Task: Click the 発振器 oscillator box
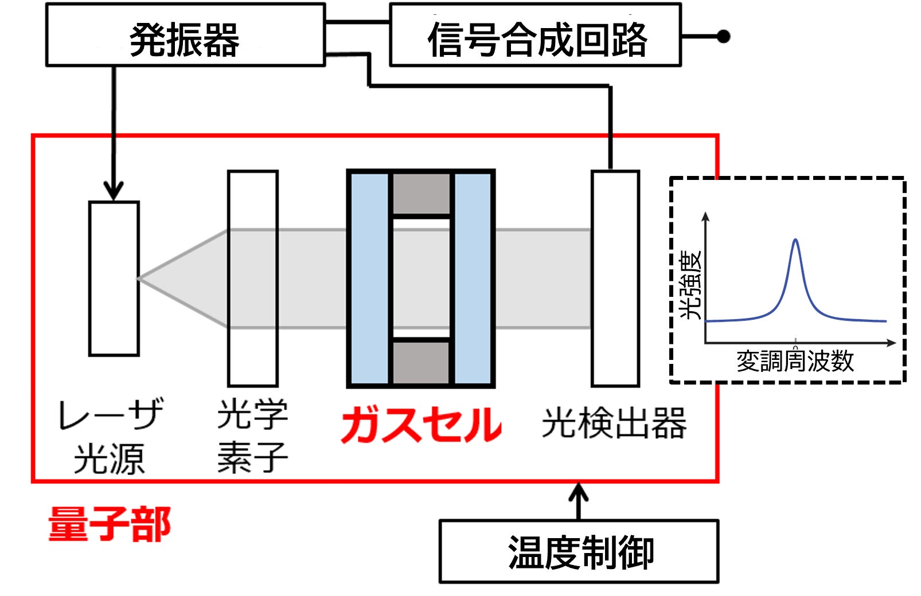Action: click(185, 36)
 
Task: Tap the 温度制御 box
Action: click(579, 551)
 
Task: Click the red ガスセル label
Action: click(422, 425)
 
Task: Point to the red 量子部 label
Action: click(109, 524)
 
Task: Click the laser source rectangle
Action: click(114, 279)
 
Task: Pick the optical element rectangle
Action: click(253, 279)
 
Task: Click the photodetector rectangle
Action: click(615, 279)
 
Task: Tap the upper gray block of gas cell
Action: click(422, 194)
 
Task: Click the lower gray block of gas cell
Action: click(422, 362)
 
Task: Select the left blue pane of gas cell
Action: click(370, 279)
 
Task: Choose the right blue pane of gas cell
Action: click(473, 279)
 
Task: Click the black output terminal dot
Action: click(724, 37)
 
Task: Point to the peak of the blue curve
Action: click(795, 240)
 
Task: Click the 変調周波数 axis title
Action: click(795, 361)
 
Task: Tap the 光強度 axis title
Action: click(690, 285)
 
